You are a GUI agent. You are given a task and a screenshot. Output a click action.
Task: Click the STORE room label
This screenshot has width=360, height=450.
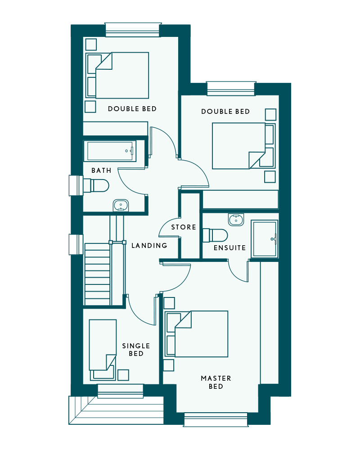(184, 227)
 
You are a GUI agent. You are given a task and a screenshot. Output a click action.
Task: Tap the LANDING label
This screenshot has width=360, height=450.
(149, 246)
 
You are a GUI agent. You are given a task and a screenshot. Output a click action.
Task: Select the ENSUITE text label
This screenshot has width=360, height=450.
(229, 248)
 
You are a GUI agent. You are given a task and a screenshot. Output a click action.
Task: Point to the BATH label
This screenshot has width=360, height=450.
(101, 171)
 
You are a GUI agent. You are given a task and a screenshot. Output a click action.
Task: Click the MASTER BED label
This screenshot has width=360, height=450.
(216, 382)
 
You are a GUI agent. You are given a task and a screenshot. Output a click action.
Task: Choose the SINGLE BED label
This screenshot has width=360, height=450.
(136, 350)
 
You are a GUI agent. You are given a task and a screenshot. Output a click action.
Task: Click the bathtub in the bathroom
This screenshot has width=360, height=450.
(110, 151)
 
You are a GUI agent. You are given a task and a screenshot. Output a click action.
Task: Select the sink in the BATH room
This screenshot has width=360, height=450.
(121, 206)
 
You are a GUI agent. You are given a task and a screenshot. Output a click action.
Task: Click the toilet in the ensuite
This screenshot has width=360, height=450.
(215, 236)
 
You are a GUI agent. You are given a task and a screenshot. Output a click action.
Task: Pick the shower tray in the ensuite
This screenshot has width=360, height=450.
(265, 239)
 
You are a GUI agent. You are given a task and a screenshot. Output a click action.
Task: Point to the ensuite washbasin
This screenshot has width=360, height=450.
(236, 220)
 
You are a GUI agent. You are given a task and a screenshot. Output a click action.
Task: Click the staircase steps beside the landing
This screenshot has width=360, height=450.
(97, 274)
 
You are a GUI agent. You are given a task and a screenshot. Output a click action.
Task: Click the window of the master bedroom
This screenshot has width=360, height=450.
(216, 419)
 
